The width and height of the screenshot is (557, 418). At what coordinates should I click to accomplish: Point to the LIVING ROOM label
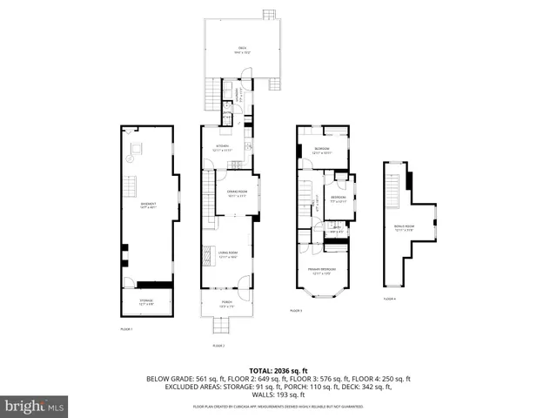tap(228, 255)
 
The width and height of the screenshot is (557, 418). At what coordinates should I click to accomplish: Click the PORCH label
tap(225, 304)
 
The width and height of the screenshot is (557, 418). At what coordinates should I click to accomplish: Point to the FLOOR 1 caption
tap(127, 328)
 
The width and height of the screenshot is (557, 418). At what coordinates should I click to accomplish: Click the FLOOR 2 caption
tap(218, 346)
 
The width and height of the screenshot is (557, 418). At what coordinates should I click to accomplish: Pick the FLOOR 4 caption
tap(389, 299)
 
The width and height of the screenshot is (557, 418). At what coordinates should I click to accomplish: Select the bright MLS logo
tap(35, 405)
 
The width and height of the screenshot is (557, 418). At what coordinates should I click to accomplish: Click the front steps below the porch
tap(224, 327)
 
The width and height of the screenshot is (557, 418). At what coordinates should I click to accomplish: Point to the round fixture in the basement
tap(133, 159)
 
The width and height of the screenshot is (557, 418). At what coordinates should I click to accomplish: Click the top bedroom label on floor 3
tap(321, 151)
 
